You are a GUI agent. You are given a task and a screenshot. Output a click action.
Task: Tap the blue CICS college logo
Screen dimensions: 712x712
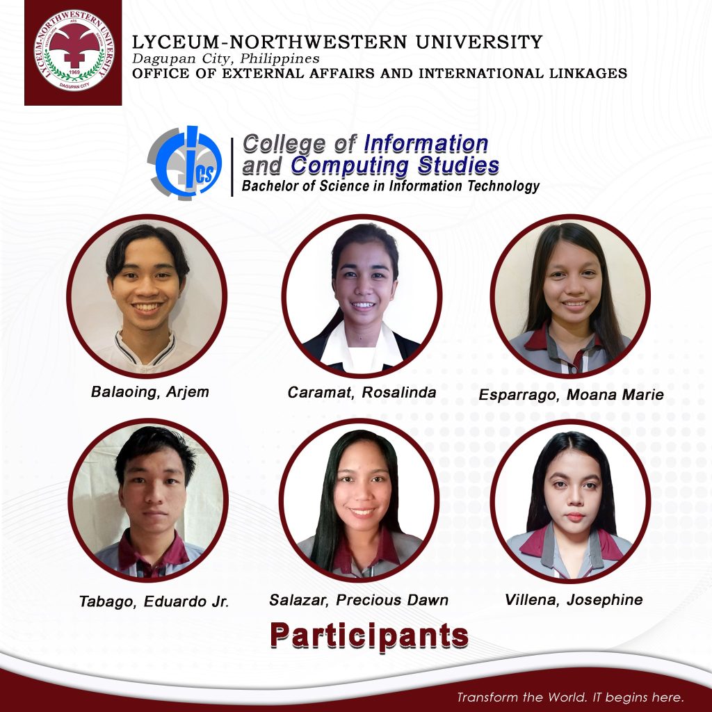tap(185, 163)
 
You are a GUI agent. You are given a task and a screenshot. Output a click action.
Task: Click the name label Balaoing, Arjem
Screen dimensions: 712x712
tap(150, 392)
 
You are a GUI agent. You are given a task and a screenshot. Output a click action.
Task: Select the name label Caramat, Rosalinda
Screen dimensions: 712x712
tap(362, 392)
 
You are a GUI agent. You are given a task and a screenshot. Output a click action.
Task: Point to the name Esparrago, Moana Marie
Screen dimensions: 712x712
tap(572, 395)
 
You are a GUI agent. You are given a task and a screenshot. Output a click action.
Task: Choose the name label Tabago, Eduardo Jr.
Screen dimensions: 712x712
tap(154, 601)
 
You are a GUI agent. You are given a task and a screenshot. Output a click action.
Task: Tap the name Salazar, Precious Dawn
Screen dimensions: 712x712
tap(359, 600)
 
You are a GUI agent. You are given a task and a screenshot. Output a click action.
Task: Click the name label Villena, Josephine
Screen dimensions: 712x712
tap(574, 600)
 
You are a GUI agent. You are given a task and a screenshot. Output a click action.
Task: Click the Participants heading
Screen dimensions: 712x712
tap(369, 636)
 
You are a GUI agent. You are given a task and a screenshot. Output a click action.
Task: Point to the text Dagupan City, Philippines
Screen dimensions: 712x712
tap(226, 58)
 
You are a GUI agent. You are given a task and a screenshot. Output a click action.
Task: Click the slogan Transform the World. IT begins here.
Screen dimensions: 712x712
tap(570, 697)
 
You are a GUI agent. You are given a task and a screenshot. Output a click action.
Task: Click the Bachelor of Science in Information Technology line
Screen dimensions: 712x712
tap(391, 186)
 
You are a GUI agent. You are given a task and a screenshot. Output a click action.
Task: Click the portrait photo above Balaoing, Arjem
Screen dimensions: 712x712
tap(147, 296)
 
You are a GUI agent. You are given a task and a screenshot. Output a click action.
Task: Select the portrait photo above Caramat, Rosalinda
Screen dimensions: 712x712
tap(362, 296)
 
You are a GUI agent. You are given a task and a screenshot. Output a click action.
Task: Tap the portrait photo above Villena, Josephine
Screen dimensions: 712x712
tap(570, 501)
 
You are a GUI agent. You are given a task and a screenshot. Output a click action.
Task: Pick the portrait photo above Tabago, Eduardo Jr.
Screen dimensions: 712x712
tap(148, 500)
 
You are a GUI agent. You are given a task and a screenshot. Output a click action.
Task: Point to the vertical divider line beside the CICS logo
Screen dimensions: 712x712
tap(232, 167)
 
